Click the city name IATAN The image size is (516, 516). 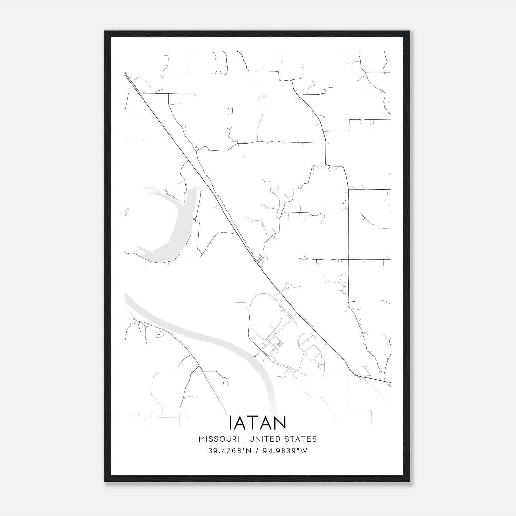point(258,423)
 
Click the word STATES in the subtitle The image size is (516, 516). point(301,439)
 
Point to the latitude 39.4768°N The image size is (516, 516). point(229,451)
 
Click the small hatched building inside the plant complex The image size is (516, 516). point(279,345)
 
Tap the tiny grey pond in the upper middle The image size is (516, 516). point(263,97)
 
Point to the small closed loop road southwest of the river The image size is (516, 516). point(225,382)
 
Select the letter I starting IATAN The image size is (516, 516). point(230,423)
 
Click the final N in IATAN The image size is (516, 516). point(281,423)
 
